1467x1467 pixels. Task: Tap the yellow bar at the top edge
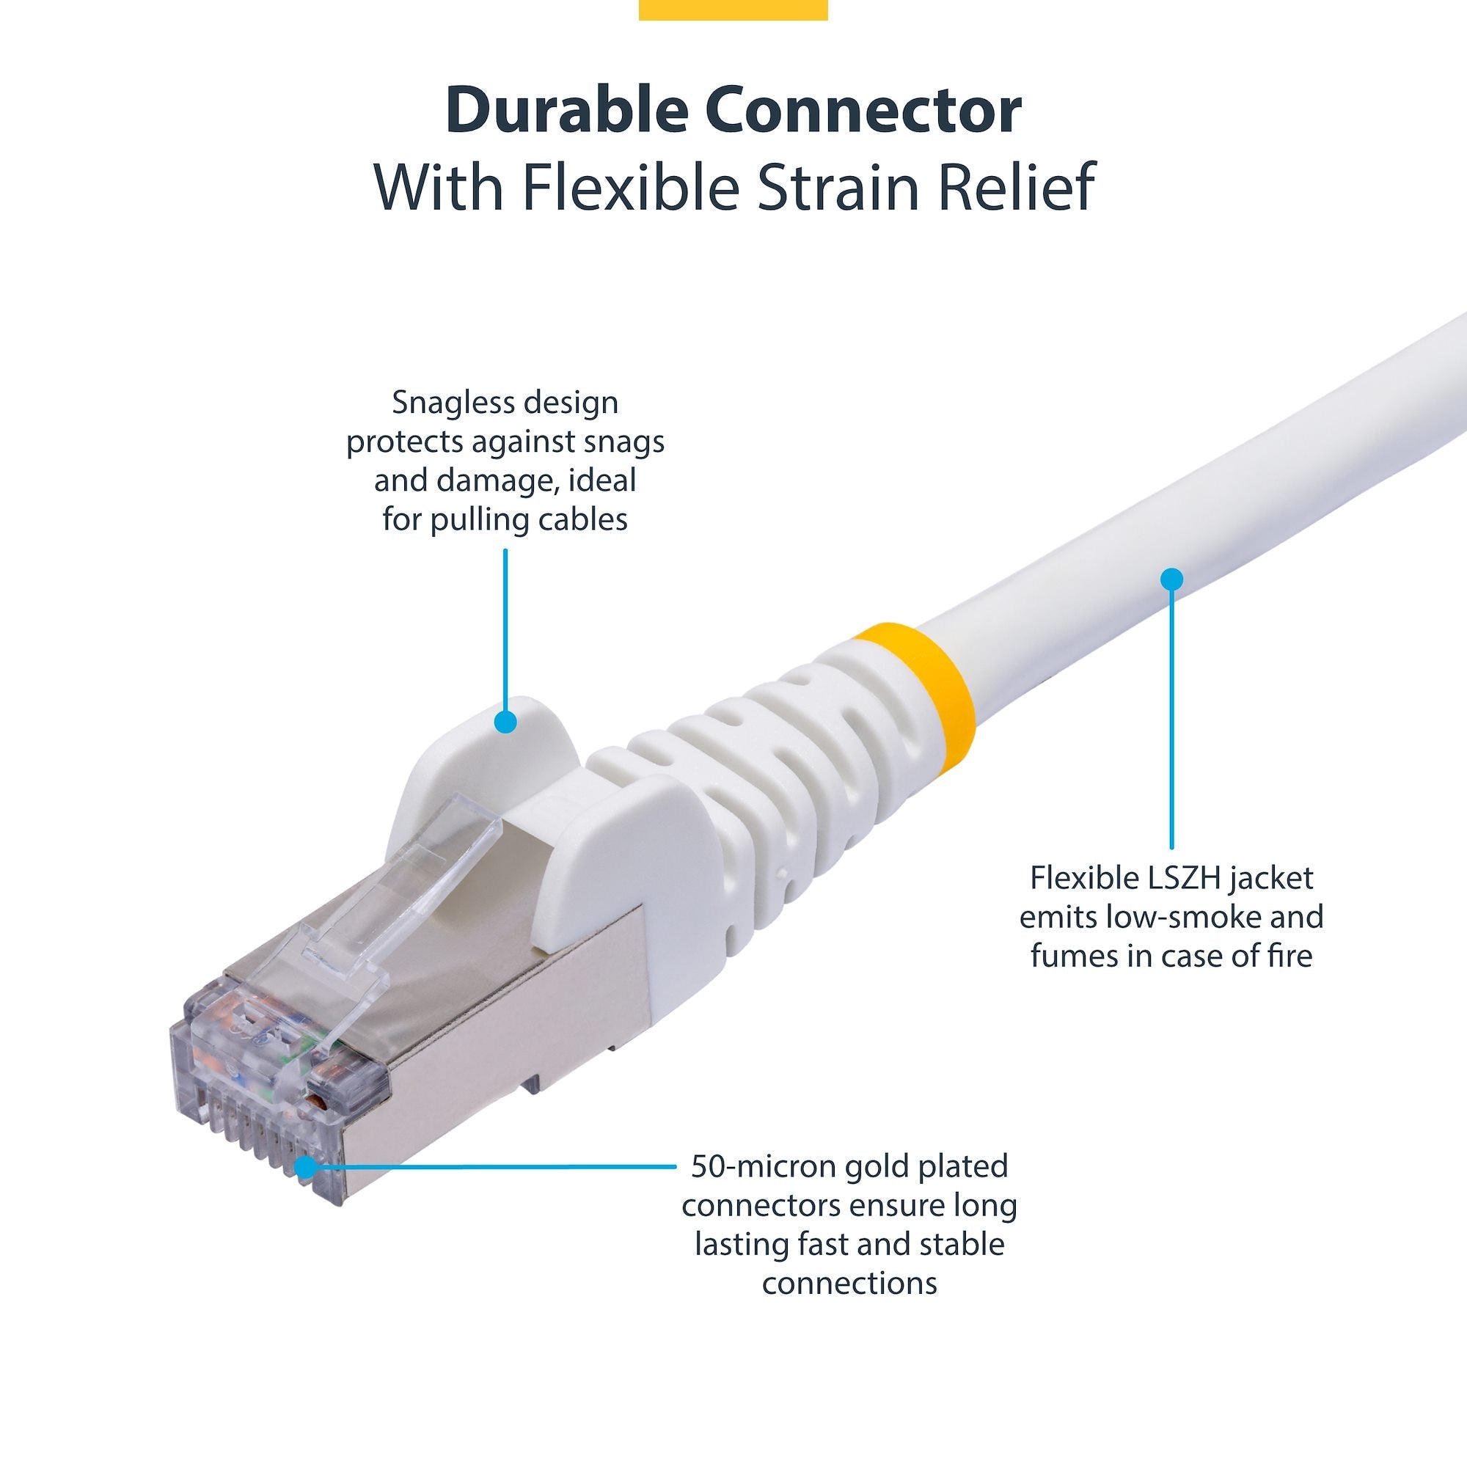pyautogui.click(x=733, y=9)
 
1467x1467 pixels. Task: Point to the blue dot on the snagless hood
pyautogui.click(x=505, y=721)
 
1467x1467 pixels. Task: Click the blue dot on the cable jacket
pyautogui.click(x=1171, y=579)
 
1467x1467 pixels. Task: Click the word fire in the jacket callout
pyautogui.click(x=1291, y=956)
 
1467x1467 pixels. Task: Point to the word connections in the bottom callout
pyautogui.click(x=849, y=1282)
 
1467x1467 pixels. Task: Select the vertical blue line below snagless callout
pyautogui.click(x=505, y=630)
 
